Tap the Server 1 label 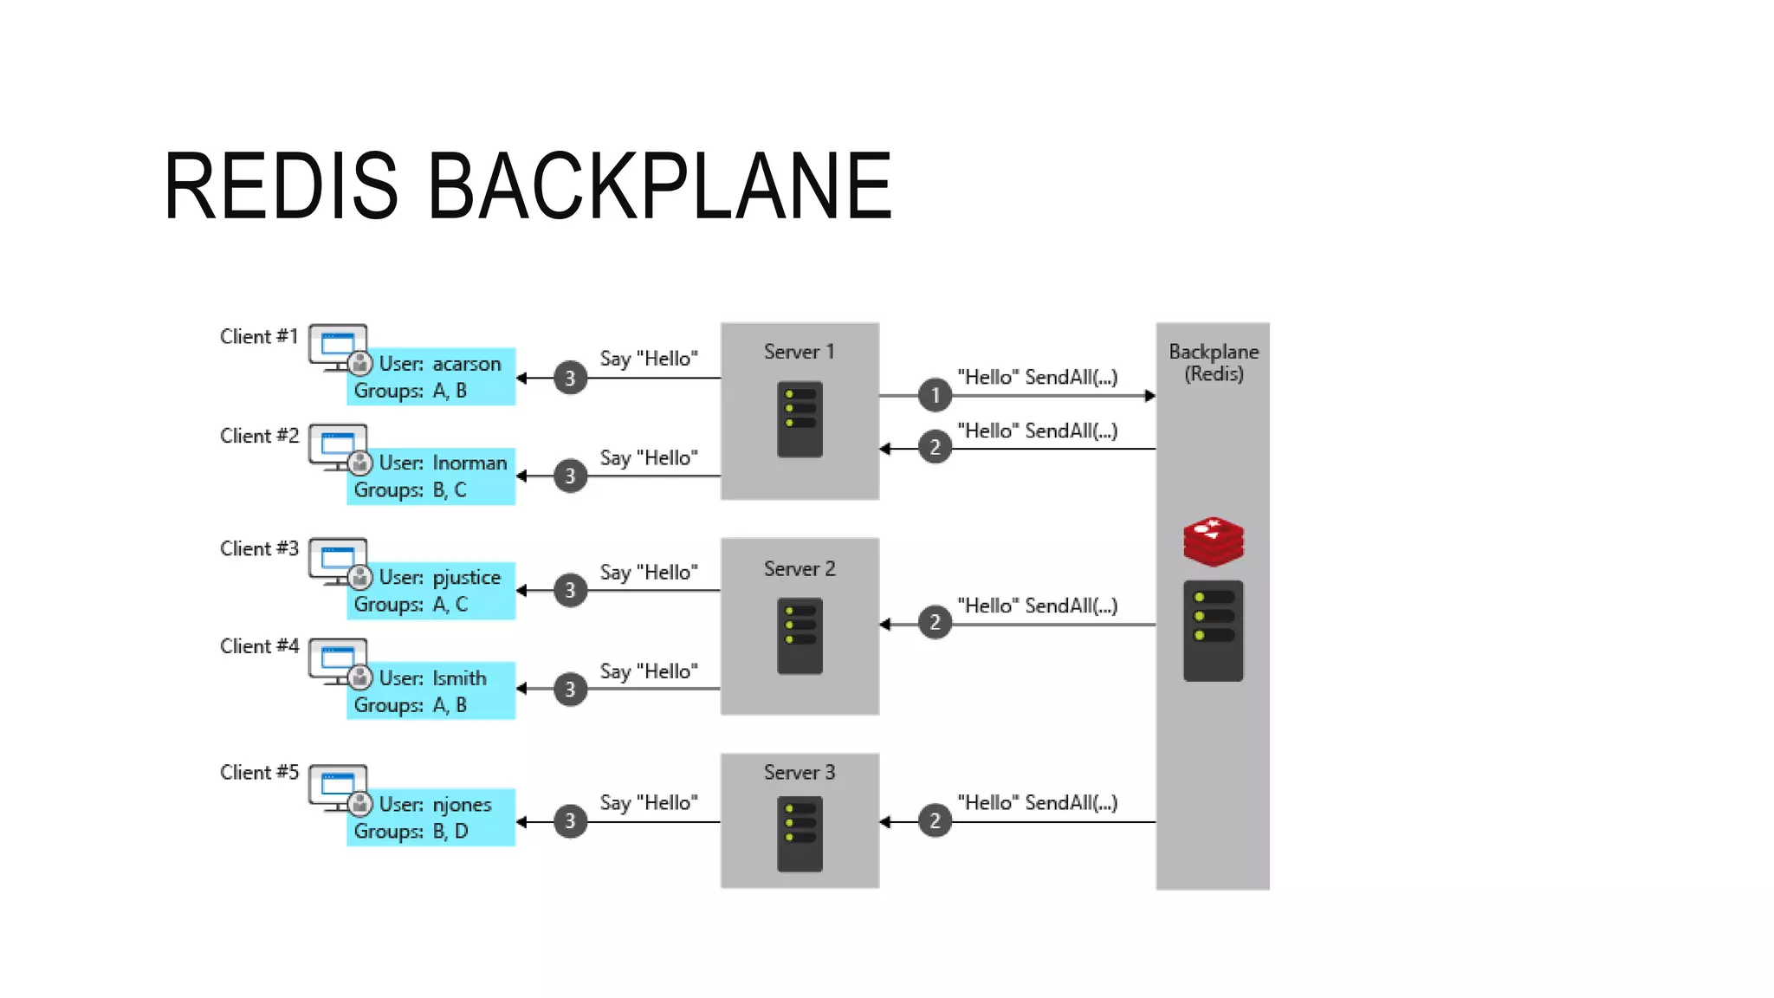799,352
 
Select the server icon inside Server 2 800,636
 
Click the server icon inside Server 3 800,833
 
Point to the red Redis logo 1214,541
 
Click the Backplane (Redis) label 1213,362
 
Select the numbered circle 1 935,396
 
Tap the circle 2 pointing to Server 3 935,821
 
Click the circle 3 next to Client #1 570,378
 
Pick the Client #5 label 259,772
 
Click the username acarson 467,364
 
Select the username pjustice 467,578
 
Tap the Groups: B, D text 411,832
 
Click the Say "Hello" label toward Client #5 649,803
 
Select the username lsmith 459,678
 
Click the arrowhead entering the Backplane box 1149,396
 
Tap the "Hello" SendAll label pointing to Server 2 1037,606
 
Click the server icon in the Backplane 1213,631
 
